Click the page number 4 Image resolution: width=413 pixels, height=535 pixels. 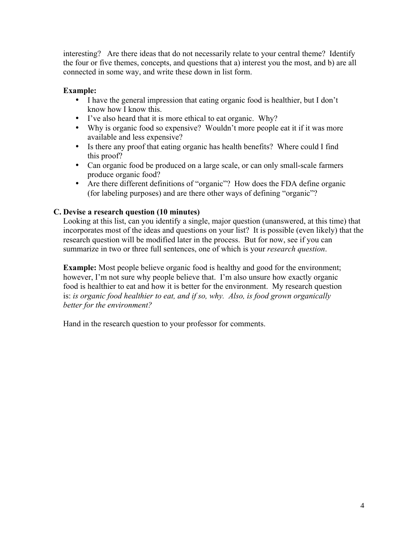(362, 505)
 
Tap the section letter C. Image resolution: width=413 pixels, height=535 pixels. (57, 212)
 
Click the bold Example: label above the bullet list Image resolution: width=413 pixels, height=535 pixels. (80, 90)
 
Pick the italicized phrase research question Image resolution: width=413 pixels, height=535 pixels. (296, 249)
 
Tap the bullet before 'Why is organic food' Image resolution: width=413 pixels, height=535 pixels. (77, 128)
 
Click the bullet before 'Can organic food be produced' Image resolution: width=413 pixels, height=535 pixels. (77, 165)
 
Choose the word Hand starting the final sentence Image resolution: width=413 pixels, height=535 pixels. (72, 324)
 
